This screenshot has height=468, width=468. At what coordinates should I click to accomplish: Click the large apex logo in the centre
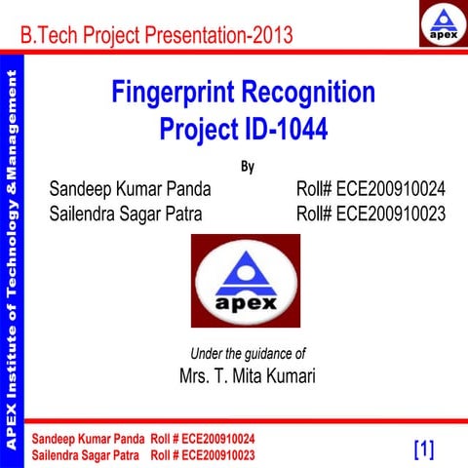tap(246, 280)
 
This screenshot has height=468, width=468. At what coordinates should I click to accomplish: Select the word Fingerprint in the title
tap(178, 94)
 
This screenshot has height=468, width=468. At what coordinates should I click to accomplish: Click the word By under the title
tap(247, 165)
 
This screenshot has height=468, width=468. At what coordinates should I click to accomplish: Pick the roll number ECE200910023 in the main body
tap(390, 214)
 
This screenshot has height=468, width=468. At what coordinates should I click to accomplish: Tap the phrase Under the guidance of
tap(248, 353)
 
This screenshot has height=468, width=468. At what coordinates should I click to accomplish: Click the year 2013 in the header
tap(270, 37)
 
